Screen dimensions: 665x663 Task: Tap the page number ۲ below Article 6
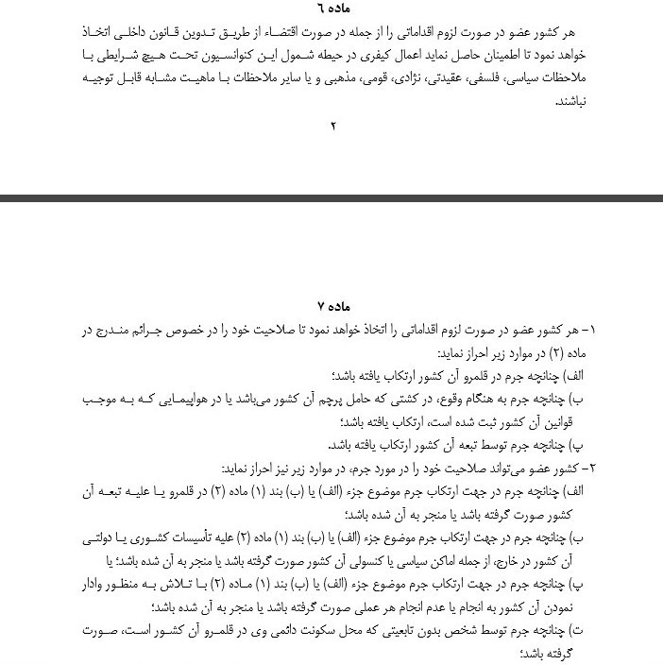tap(333, 127)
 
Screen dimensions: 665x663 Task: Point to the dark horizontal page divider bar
tap(331, 198)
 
